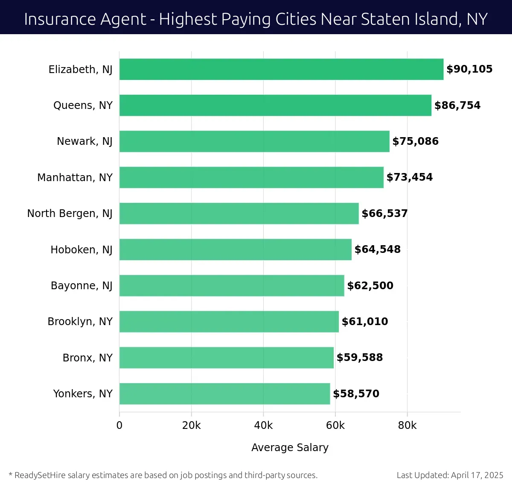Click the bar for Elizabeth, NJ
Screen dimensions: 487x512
point(281,69)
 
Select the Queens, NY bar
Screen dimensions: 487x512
point(275,106)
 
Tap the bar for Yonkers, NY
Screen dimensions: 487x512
point(224,394)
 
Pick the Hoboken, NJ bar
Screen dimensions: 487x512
point(235,249)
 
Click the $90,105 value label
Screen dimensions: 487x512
point(469,69)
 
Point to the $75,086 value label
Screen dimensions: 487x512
point(415,141)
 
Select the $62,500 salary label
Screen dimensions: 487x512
point(370,286)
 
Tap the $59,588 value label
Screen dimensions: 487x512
point(359,358)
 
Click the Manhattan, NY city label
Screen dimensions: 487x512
point(75,178)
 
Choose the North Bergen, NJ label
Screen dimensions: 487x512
point(70,214)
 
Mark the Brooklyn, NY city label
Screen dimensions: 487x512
point(80,322)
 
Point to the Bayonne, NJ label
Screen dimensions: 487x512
point(81,286)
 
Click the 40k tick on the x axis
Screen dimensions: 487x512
point(263,425)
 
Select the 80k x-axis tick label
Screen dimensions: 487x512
point(407,425)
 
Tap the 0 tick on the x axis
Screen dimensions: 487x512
point(119,425)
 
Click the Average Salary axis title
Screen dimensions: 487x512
point(290,447)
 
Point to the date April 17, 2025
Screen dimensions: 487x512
point(477,475)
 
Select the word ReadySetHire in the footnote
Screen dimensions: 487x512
point(40,475)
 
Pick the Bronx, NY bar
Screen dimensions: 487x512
point(226,358)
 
